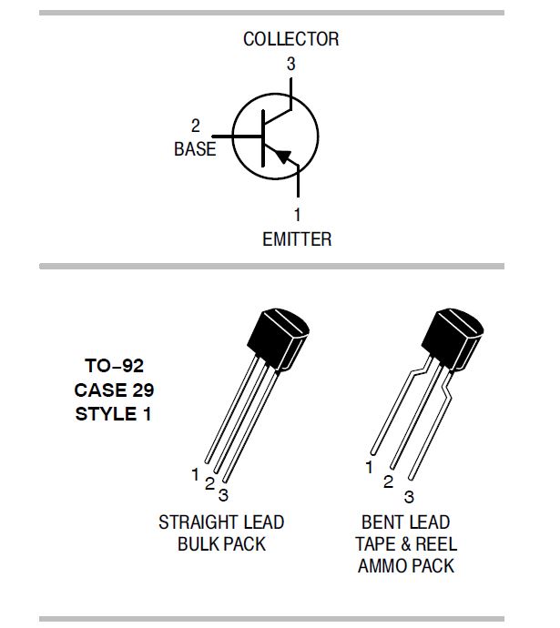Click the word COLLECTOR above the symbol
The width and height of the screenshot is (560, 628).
tap(290, 39)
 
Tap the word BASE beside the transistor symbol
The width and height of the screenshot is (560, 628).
tap(195, 149)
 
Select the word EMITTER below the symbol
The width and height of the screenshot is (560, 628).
tap(297, 239)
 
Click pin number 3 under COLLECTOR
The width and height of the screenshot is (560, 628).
tap(291, 64)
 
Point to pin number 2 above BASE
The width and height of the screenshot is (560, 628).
tap(196, 126)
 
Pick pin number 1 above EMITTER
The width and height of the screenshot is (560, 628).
tap(297, 215)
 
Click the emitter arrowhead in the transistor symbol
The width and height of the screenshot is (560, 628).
tap(283, 156)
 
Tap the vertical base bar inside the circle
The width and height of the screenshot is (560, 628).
tap(263, 138)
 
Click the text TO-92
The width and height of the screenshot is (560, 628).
tap(114, 366)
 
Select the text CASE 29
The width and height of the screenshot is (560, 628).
tap(114, 390)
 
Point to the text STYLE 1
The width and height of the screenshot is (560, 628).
tap(113, 414)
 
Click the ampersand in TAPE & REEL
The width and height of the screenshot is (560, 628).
tap(406, 544)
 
